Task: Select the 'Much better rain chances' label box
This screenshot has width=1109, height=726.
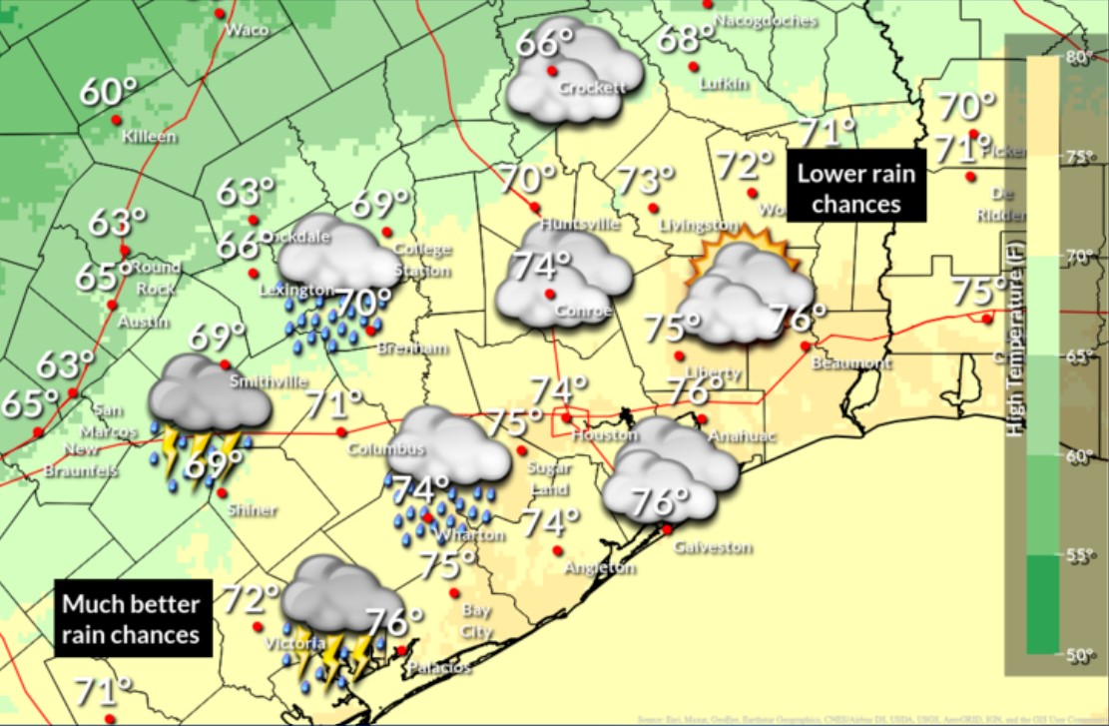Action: (x=133, y=618)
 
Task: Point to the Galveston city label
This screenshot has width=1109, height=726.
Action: (x=712, y=547)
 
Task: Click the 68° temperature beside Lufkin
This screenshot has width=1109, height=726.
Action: (x=686, y=40)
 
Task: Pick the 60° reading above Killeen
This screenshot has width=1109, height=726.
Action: (x=108, y=93)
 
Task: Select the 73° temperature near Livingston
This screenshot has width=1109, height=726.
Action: (x=645, y=181)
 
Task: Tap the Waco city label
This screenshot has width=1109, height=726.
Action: (x=247, y=30)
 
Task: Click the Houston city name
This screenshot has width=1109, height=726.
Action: (x=605, y=435)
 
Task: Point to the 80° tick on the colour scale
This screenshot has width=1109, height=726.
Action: (x=1077, y=57)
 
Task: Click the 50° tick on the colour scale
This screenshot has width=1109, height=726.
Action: (x=1077, y=655)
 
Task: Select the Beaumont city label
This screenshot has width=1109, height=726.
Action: (x=850, y=363)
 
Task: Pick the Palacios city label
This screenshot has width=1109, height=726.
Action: (x=438, y=666)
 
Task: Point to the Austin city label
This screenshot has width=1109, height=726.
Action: (x=137, y=323)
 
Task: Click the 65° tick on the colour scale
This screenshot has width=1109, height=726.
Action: (x=1077, y=356)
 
